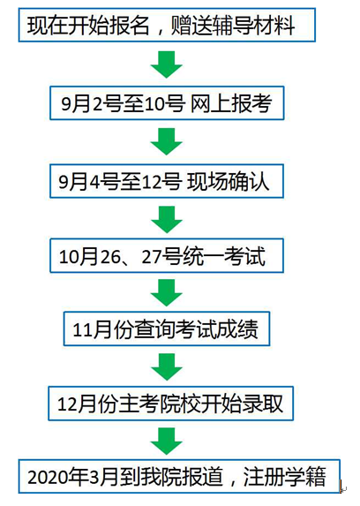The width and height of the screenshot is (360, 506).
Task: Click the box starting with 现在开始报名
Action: pyautogui.click(x=167, y=26)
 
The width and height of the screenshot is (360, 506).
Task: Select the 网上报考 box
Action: pyautogui.click(x=167, y=103)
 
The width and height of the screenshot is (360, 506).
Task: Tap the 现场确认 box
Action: pyautogui.click(x=167, y=181)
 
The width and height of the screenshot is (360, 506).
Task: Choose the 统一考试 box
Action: pyautogui.click(x=167, y=255)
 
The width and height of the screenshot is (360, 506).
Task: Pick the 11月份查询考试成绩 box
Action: pyautogui.click(x=167, y=329)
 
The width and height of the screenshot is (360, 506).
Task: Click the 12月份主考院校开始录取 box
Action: pyautogui.click(x=170, y=404)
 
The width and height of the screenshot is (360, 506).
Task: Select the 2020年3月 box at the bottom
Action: pyautogui.click(x=179, y=476)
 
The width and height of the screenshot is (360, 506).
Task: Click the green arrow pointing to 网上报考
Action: pyautogui.click(x=167, y=64)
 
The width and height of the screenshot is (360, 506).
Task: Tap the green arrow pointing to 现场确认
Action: pyautogui.click(x=167, y=141)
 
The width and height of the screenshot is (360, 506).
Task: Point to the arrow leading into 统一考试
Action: pyautogui.click(x=167, y=220)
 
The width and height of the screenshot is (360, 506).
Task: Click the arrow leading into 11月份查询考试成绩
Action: pyautogui.click(x=167, y=292)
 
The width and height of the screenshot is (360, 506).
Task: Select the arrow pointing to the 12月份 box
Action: pyautogui.click(x=167, y=366)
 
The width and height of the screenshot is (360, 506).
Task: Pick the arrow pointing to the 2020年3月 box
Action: pyautogui.click(x=167, y=442)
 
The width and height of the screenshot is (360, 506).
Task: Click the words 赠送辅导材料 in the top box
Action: pyautogui.click(x=233, y=26)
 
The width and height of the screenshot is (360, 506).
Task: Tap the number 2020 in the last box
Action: pyautogui.click(x=48, y=477)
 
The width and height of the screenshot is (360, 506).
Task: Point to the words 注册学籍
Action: pyautogui.click(x=284, y=477)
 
